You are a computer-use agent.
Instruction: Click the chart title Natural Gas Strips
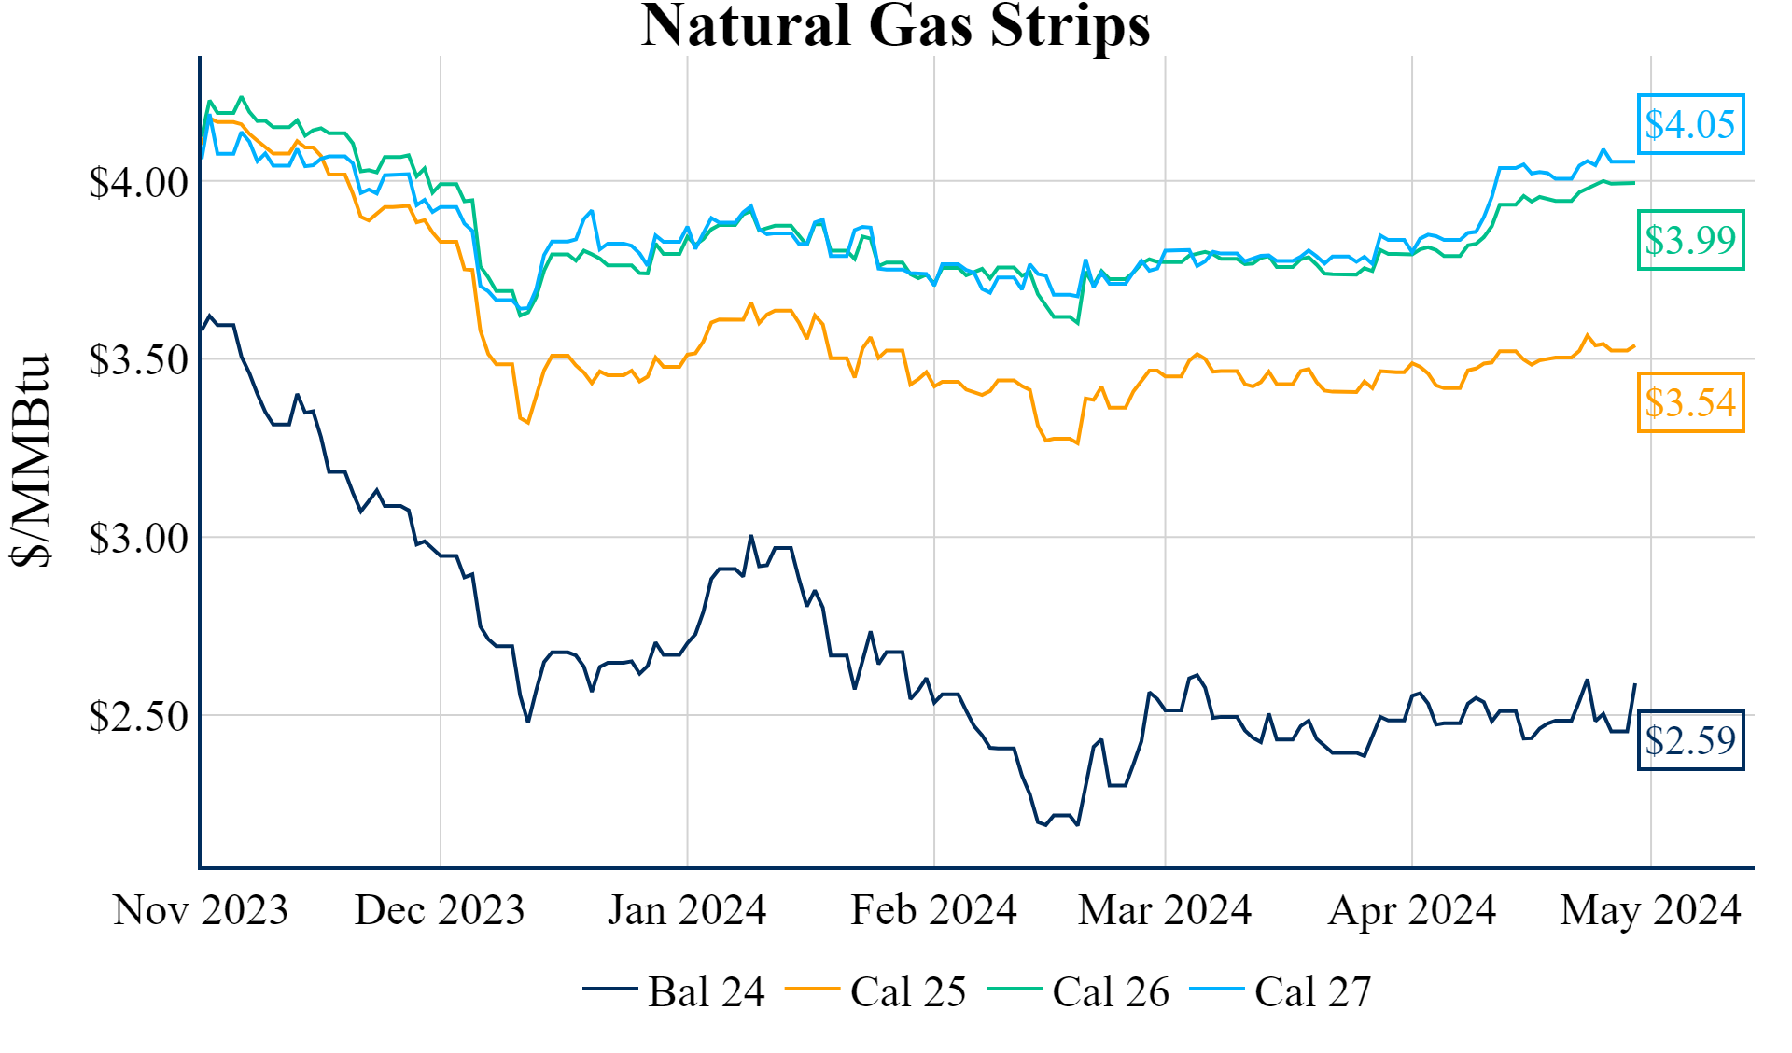(x=895, y=25)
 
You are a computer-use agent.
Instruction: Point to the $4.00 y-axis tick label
(x=138, y=182)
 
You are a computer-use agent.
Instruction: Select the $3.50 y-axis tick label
(x=138, y=359)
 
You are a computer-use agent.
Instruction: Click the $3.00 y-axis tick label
(x=138, y=538)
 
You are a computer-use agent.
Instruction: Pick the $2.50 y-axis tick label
(x=138, y=716)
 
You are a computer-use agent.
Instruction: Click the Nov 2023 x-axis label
(x=201, y=910)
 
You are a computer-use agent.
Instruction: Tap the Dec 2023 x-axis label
(x=440, y=910)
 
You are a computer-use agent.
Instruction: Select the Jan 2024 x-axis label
(x=687, y=910)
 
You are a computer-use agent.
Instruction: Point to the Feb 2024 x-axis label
(x=933, y=910)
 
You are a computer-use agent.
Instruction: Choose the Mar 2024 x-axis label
(x=1165, y=910)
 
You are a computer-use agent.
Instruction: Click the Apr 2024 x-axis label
(x=1412, y=910)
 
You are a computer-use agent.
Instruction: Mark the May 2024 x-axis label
(x=1650, y=910)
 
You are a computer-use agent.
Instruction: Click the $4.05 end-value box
(x=1690, y=124)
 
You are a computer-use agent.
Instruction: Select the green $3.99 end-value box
(x=1690, y=240)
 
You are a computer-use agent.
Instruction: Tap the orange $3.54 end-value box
(x=1690, y=402)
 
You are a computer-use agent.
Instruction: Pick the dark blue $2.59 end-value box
(x=1690, y=740)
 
